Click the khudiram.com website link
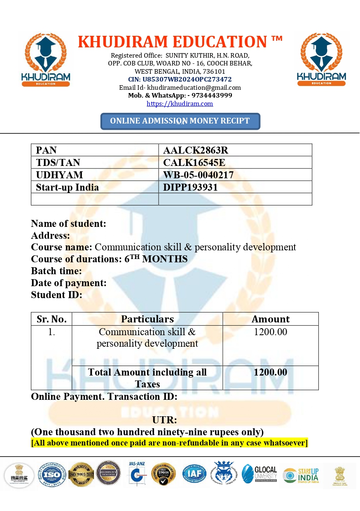[x=180, y=104]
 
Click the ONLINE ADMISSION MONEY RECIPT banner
[x=180, y=121]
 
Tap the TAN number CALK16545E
[x=194, y=163]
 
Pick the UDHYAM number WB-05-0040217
[x=198, y=175]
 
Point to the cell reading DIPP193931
[x=190, y=187]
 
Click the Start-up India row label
[x=67, y=187]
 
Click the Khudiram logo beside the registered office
[x=45, y=59]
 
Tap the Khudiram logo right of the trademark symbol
[x=321, y=59]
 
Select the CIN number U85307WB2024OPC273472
[x=180, y=79]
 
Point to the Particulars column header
[x=147, y=319]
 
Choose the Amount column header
[x=270, y=319]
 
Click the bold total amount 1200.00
[x=270, y=372]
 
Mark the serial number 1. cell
[x=51, y=332]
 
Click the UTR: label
[x=164, y=420]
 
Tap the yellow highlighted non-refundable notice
[x=169, y=443]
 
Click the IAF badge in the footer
[x=194, y=474]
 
